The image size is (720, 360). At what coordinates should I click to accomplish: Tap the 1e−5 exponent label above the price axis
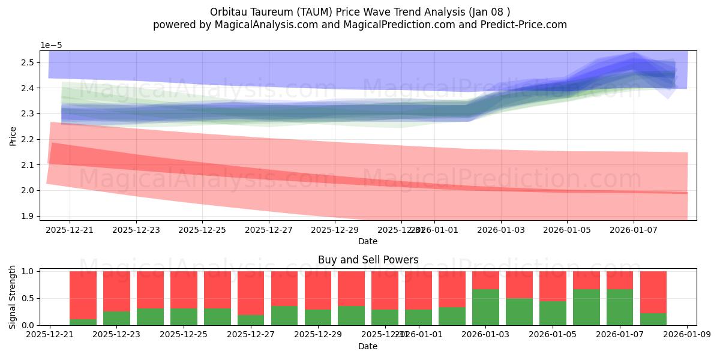tap(51, 46)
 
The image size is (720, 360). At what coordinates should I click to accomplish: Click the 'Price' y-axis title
tap(13, 136)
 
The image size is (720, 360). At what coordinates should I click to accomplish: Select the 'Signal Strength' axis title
tap(13, 296)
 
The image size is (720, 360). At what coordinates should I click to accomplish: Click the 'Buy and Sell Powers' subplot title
tap(368, 260)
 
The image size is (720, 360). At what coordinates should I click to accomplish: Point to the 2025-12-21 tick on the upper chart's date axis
tap(70, 229)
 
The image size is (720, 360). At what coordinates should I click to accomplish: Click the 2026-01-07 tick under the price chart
tap(634, 229)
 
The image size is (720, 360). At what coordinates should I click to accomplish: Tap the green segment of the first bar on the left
tap(83, 322)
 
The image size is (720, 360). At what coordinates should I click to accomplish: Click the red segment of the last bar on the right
tap(653, 292)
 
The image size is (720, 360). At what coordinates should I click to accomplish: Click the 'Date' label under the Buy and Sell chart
tap(368, 346)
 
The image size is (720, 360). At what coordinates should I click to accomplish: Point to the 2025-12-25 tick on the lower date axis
tap(184, 334)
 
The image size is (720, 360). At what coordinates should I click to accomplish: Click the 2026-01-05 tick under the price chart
tap(568, 229)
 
